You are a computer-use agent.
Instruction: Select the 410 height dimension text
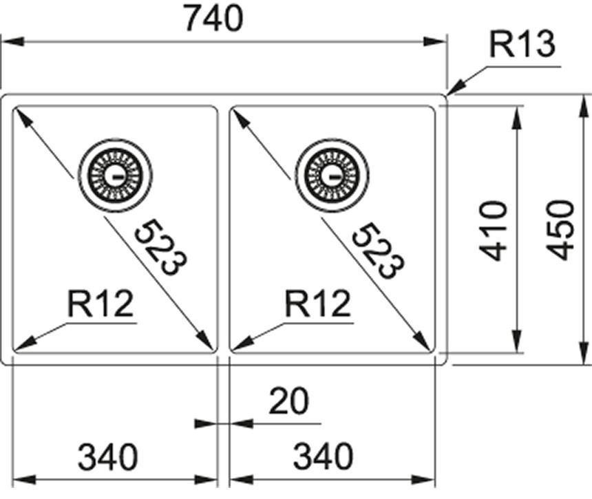point(494,230)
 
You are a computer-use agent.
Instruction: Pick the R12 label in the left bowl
point(100,304)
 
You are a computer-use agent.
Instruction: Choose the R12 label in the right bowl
point(317,304)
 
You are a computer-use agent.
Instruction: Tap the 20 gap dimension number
point(289,402)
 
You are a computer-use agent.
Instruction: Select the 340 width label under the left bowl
point(108,456)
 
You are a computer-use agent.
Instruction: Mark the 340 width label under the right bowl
point(323,456)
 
